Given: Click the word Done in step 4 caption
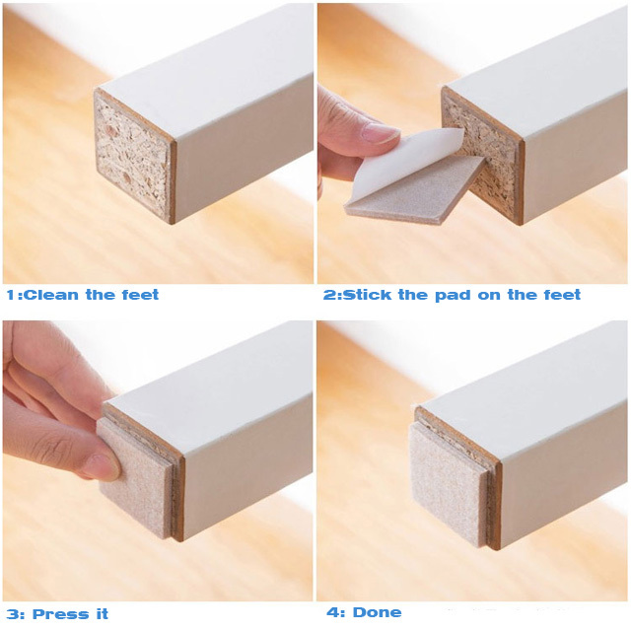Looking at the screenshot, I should point(378,612).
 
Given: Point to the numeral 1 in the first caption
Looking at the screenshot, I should point(10,294).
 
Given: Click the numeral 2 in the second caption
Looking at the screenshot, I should point(329,294).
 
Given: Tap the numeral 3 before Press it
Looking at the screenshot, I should point(10,614).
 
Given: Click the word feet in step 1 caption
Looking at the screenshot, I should point(138,294).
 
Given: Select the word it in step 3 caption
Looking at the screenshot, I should point(100,614).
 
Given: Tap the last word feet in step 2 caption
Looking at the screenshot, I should point(560,294).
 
